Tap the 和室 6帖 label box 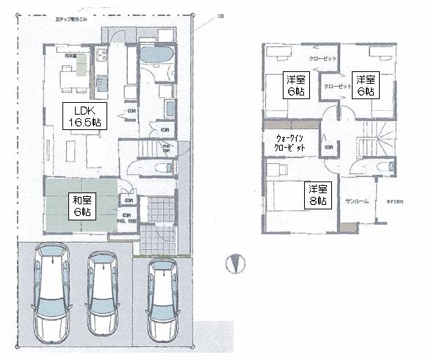pos(81,204)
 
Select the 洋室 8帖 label pos(317,194)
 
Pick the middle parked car pos(103,294)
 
